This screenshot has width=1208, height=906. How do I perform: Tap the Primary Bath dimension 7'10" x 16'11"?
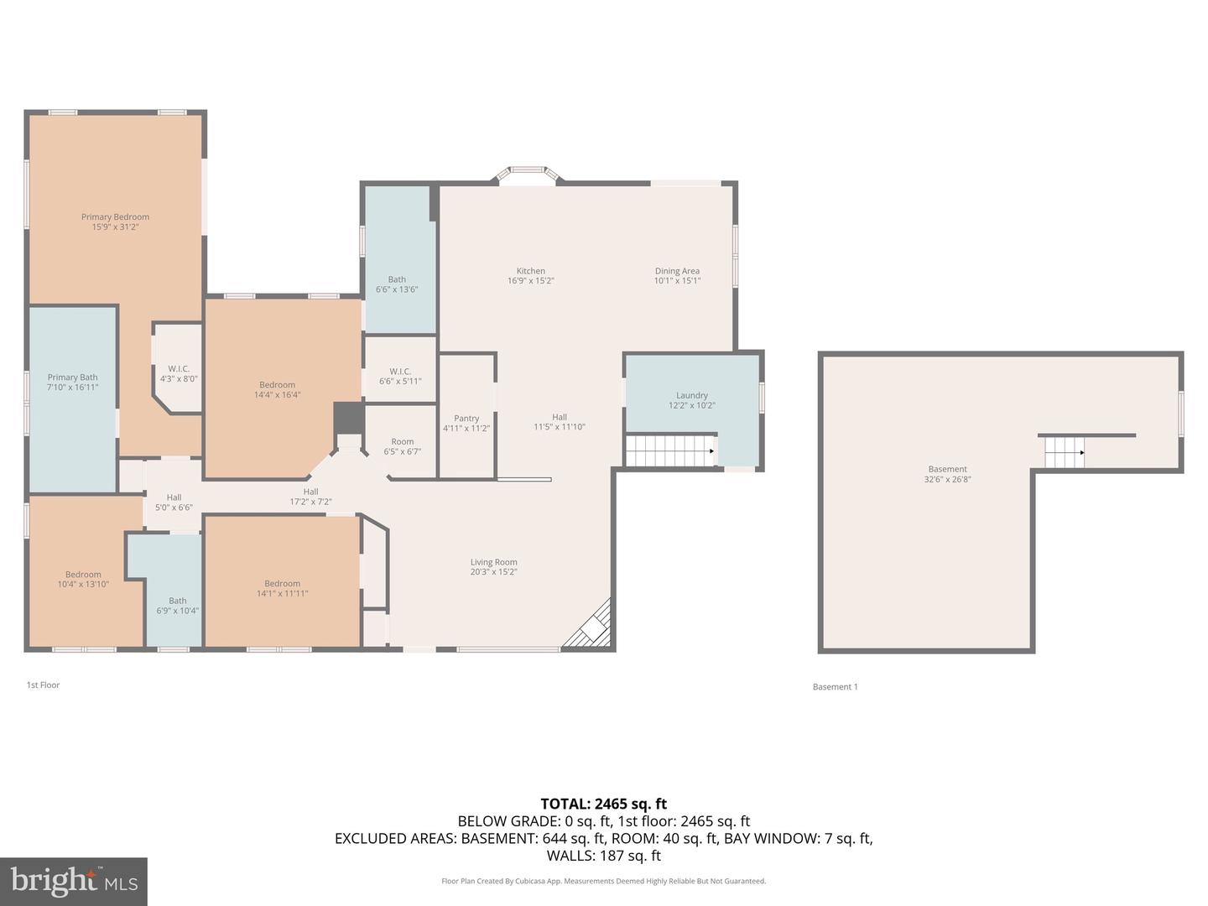(x=73, y=388)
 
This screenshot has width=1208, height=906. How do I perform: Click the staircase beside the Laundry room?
(x=669, y=450)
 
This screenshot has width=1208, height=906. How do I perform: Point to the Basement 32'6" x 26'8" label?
(x=948, y=475)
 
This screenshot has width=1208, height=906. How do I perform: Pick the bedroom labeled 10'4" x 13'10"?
(x=83, y=580)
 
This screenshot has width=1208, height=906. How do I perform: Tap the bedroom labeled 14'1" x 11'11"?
(x=282, y=589)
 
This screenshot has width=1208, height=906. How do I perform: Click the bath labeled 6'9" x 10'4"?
(x=177, y=606)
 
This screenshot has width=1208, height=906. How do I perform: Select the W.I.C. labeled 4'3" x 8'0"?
(x=179, y=374)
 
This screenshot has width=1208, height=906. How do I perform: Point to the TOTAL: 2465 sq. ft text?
(x=603, y=804)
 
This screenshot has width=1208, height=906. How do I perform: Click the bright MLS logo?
(x=74, y=881)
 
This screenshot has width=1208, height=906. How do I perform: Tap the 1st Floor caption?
(x=43, y=685)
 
